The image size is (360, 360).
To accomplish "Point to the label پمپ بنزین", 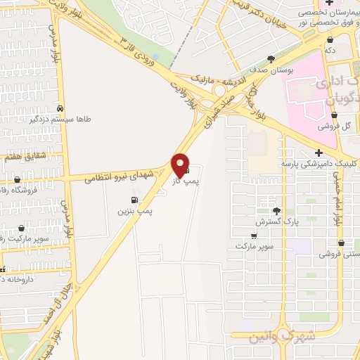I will [135, 211].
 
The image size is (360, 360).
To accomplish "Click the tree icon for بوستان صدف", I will [271, 60].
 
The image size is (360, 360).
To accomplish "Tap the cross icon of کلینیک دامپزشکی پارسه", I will [319, 153].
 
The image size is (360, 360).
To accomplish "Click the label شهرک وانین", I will [278, 338].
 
